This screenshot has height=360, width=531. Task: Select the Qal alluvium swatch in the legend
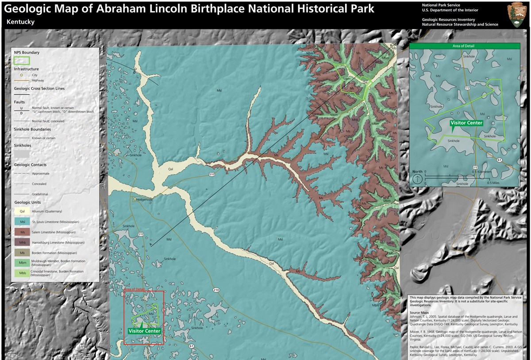(x=22, y=211)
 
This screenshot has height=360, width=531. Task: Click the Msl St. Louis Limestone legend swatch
(x=22, y=222)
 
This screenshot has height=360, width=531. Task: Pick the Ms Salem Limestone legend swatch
(x=22, y=232)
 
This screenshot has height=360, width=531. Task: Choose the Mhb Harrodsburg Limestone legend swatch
(x=22, y=242)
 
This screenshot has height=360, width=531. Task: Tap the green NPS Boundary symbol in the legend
(x=22, y=60)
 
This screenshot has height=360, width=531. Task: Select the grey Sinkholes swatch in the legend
(x=22, y=153)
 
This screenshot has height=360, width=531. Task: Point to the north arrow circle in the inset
(x=417, y=179)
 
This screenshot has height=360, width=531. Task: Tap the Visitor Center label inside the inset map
(x=466, y=123)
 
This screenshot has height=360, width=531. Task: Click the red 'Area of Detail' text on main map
(x=135, y=289)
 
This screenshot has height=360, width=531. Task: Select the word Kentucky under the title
(x=21, y=22)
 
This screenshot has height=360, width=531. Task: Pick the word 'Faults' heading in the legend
(x=19, y=102)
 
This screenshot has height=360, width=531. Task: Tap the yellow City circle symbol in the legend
(x=21, y=75)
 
